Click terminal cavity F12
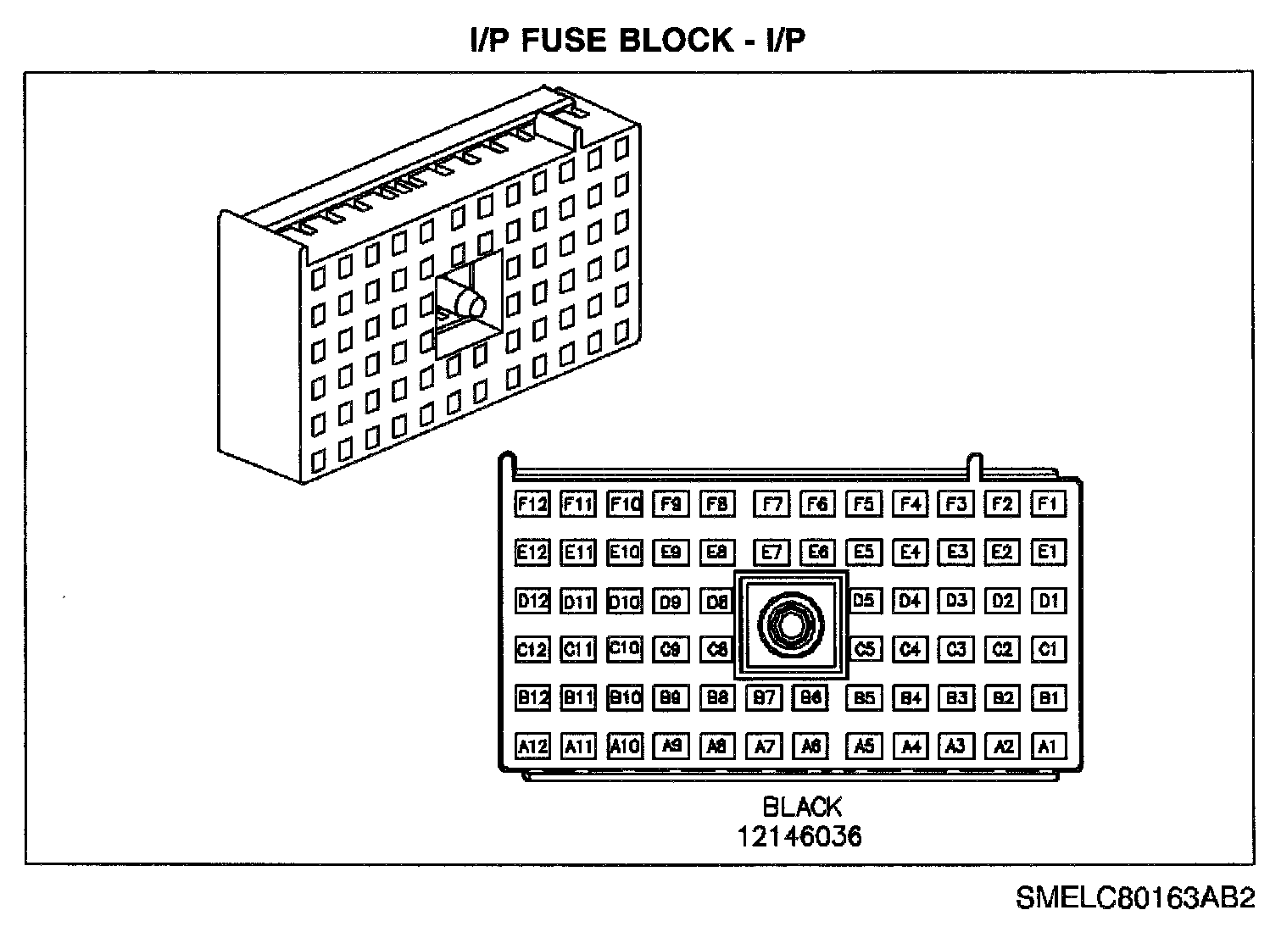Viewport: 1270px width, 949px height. tap(532, 504)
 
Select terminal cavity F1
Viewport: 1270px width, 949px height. tap(1048, 504)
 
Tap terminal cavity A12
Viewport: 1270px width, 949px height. tap(532, 746)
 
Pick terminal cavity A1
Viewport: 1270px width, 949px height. tap(1048, 746)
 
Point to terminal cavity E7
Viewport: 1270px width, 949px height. tap(771, 552)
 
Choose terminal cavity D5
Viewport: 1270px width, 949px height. tap(863, 601)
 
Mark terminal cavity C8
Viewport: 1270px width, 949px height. tap(716, 650)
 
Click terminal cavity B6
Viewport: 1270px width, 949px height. tap(810, 697)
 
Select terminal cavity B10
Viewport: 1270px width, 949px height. tap(625, 697)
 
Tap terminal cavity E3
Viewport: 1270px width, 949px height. tap(956, 552)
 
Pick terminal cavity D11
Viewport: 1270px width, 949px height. tap(578, 602)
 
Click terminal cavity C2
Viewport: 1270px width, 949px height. tap(1002, 650)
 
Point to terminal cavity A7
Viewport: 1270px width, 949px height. tap(764, 746)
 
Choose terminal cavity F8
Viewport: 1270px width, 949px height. tap(716, 504)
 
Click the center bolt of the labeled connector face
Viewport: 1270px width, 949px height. tap(791, 625)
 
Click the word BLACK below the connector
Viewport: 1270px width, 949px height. tap(801, 806)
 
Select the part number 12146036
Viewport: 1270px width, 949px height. tap(799, 837)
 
